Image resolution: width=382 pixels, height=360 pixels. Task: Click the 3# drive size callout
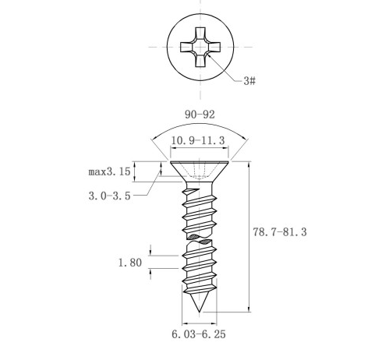[x=249, y=81]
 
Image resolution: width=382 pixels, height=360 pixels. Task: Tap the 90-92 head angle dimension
[x=200, y=115]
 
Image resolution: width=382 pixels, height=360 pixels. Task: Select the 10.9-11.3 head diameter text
[x=198, y=140]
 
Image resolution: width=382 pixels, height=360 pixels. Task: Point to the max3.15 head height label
[x=109, y=171]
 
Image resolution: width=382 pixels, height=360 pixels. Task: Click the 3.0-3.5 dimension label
[x=109, y=196]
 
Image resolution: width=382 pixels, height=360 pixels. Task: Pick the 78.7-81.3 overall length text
[x=280, y=231]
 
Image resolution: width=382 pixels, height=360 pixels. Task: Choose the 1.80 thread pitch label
[x=130, y=263]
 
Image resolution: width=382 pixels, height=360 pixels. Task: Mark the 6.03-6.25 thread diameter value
[x=199, y=334]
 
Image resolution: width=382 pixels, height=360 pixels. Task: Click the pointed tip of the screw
[x=200, y=312]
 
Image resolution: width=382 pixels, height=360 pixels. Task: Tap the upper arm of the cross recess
[x=200, y=34]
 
